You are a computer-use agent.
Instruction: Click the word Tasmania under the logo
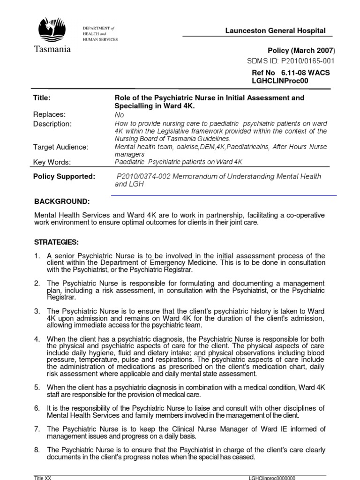pos(52,49)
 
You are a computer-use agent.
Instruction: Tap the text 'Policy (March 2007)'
pos(301,51)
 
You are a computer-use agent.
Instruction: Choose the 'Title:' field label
pos(42,98)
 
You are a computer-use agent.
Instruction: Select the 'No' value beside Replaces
pos(120,115)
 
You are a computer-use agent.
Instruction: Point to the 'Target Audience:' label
pos(60,147)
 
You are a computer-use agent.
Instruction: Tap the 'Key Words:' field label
pos(52,162)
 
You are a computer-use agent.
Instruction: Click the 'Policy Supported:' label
pos(64,176)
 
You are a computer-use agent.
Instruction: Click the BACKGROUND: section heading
pos(62,202)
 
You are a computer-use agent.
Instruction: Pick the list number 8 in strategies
pos(37,450)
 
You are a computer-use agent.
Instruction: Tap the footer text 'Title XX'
pos(43,477)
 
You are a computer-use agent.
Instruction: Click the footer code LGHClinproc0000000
pos(272,477)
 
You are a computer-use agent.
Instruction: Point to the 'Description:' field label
pos(52,124)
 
